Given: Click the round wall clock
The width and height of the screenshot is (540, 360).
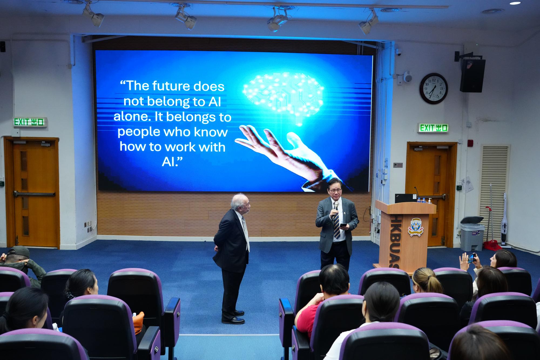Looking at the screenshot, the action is coord(434,88).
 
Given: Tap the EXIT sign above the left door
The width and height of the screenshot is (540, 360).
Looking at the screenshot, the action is coord(29,122).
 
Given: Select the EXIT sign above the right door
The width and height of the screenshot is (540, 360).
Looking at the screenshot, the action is coord(433,128).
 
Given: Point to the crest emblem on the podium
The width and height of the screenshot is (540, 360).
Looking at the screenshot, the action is coord(417,227).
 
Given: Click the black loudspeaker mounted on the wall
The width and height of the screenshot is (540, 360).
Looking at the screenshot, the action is coord(473,75).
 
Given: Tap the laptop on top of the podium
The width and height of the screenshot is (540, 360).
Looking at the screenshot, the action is coord(405,198).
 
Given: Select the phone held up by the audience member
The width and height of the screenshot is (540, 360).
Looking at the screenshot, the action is coord(471,258).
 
